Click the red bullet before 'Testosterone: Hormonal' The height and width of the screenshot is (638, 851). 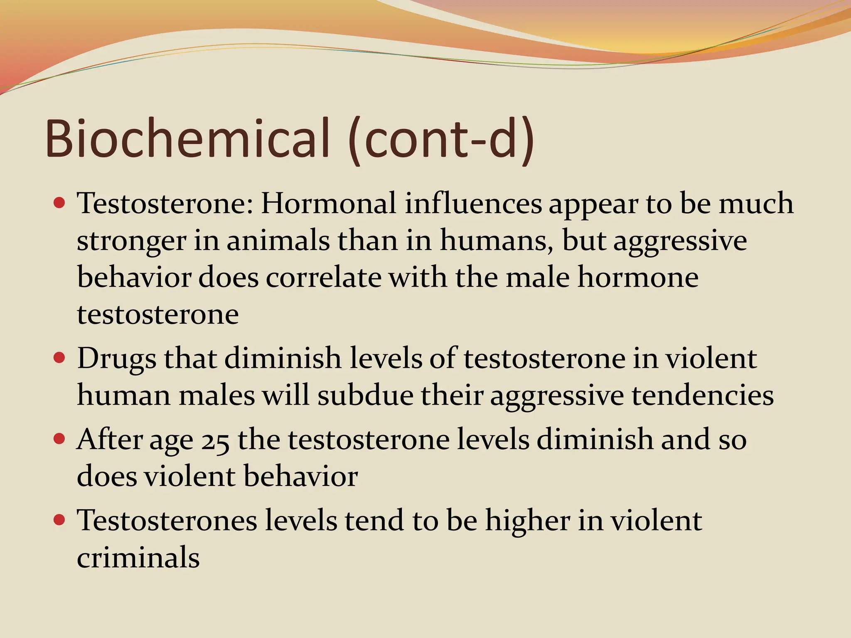pyautogui.click(x=60, y=203)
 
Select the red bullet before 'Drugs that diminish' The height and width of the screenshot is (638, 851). pyautogui.click(x=60, y=358)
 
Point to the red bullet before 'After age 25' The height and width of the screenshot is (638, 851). pyautogui.click(x=60, y=439)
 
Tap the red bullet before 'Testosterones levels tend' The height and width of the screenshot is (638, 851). pyautogui.click(x=60, y=520)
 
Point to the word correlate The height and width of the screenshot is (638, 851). pyautogui.click(x=323, y=277)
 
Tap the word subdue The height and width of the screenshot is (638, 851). pyautogui.click(x=366, y=395)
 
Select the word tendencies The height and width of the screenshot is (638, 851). pyautogui.click(x=703, y=395)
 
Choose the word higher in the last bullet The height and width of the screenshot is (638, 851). pyautogui.click(x=528, y=521)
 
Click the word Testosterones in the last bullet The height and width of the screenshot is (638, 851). pyautogui.click(x=167, y=520)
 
